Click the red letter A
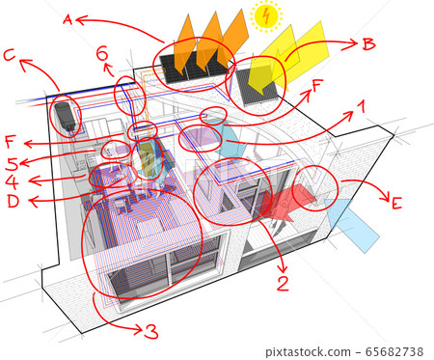[x=67, y=18]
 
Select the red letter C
[x=9, y=55]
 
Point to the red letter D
[x=13, y=201]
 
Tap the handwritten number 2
[x=282, y=283]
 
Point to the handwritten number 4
[x=11, y=180]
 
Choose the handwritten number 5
[x=11, y=162]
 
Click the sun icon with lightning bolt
[x=264, y=14]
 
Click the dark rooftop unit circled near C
[x=65, y=116]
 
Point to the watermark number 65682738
[x=397, y=353]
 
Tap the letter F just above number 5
[x=11, y=141]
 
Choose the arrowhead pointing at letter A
[x=81, y=18]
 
